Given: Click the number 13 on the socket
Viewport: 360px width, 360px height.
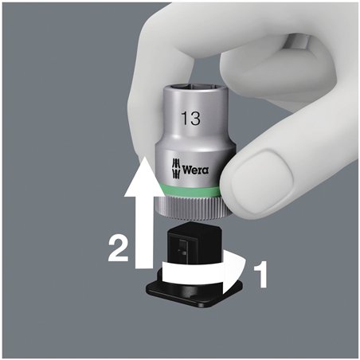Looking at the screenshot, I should point(190,119).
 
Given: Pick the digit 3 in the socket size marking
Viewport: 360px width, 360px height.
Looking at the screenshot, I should point(194,119).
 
